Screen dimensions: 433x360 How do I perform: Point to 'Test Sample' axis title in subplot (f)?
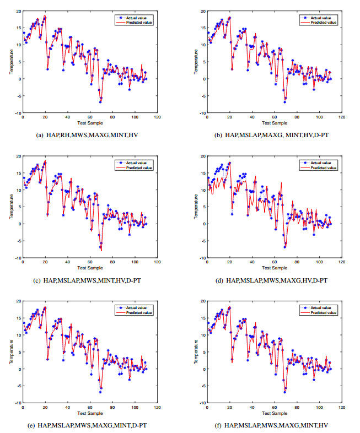274,413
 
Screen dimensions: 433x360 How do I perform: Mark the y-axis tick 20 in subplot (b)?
202,11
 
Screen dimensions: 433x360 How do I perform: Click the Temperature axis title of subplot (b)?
195,62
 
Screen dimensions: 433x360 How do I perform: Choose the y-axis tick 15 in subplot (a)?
18,28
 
